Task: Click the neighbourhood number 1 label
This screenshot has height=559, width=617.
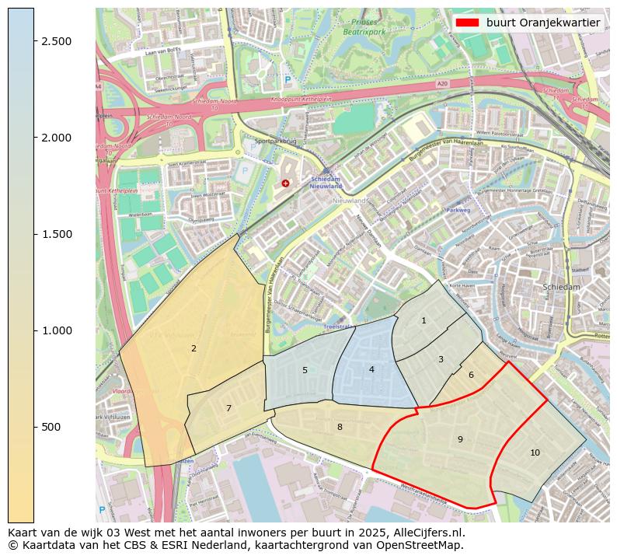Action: tap(424, 320)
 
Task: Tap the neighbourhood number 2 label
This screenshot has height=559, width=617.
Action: tap(193, 348)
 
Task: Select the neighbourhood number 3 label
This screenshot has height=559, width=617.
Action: tap(441, 359)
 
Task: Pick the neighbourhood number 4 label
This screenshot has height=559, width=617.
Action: tap(371, 369)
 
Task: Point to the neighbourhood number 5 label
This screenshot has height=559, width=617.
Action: tap(305, 370)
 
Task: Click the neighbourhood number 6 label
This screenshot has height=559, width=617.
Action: tap(471, 375)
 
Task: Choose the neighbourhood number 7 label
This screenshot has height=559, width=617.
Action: tap(228, 408)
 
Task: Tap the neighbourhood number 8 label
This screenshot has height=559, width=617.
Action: tap(340, 427)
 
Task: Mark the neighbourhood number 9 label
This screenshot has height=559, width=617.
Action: tap(460, 439)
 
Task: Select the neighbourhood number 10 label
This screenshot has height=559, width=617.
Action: tap(535, 452)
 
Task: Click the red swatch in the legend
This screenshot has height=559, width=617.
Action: tap(467, 23)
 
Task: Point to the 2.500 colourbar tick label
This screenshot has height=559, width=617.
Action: tap(58, 41)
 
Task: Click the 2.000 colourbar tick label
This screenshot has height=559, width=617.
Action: tap(58, 138)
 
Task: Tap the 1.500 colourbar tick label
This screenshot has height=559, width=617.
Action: tap(58, 234)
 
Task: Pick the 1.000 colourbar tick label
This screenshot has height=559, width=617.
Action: tap(58, 330)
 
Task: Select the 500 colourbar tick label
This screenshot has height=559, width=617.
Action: tap(51, 427)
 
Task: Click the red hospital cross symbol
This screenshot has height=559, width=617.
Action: tap(285, 183)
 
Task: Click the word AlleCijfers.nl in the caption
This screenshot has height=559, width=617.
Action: tap(428, 533)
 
